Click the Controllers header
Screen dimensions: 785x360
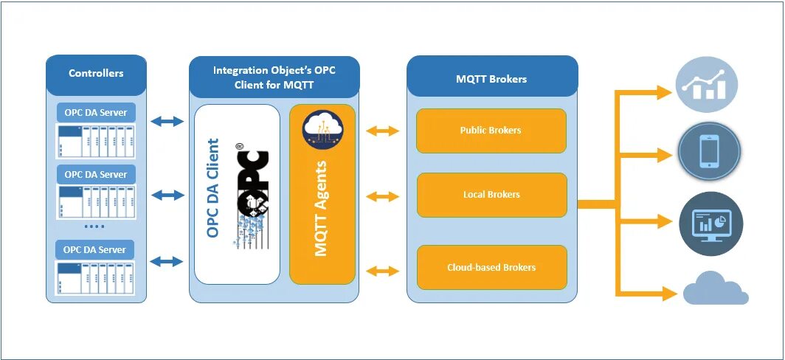[96, 74]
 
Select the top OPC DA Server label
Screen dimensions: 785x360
[96, 113]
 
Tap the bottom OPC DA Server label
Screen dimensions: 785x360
[95, 249]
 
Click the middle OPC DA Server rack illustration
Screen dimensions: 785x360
[96, 201]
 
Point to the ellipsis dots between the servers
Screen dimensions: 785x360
[94, 226]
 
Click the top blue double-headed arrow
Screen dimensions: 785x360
[167, 121]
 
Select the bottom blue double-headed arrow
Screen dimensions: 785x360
[167, 261]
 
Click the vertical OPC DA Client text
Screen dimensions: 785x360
[212, 188]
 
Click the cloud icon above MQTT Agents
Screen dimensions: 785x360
[322, 129]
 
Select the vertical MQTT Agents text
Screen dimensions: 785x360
[321, 208]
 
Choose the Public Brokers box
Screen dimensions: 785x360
[491, 131]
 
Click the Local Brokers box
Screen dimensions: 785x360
[491, 195]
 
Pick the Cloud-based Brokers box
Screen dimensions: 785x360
[491, 267]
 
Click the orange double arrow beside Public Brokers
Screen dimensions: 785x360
[382, 131]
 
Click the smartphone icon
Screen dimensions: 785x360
[710, 151]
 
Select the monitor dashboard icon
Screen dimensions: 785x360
[711, 224]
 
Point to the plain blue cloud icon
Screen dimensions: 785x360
[716, 288]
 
